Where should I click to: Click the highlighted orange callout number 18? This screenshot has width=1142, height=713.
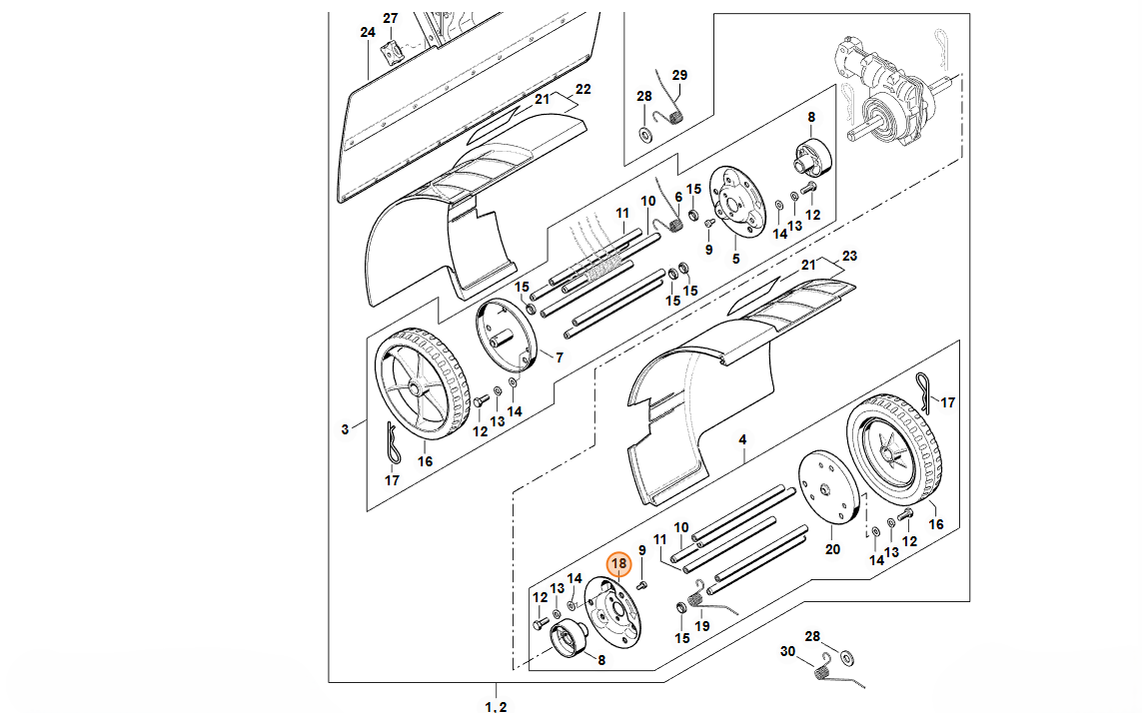pyautogui.click(x=618, y=563)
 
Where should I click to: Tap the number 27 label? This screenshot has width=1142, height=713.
pyautogui.click(x=391, y=18)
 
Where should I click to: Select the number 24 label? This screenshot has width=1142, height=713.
pyautogui.click(x=368, y=32)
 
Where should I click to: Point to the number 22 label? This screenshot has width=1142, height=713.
pyautogui.click(x=583, y=89)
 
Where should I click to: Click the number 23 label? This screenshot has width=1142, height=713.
pyautogui.click(x=849, y=256)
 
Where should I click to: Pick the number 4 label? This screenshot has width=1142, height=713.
pyautogui.click(x=742, y=440)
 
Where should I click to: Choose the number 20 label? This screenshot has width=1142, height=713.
pyautogui.click(x=832, y=549)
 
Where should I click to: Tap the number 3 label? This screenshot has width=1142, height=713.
pyautogui.click(x=346, y=429)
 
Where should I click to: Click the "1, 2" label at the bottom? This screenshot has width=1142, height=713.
pyautogui.click(x=496, y=706)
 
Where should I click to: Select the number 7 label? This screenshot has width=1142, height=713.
pyautogui.click(x=560, y=357)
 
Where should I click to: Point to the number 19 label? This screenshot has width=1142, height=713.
pyautogui.click(x=701, y=625)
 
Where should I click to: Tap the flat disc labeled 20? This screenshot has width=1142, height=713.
pyautogui.click(x=830, y=488)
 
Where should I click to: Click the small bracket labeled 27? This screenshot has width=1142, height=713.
pyautogui.click(x=391, y=51)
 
